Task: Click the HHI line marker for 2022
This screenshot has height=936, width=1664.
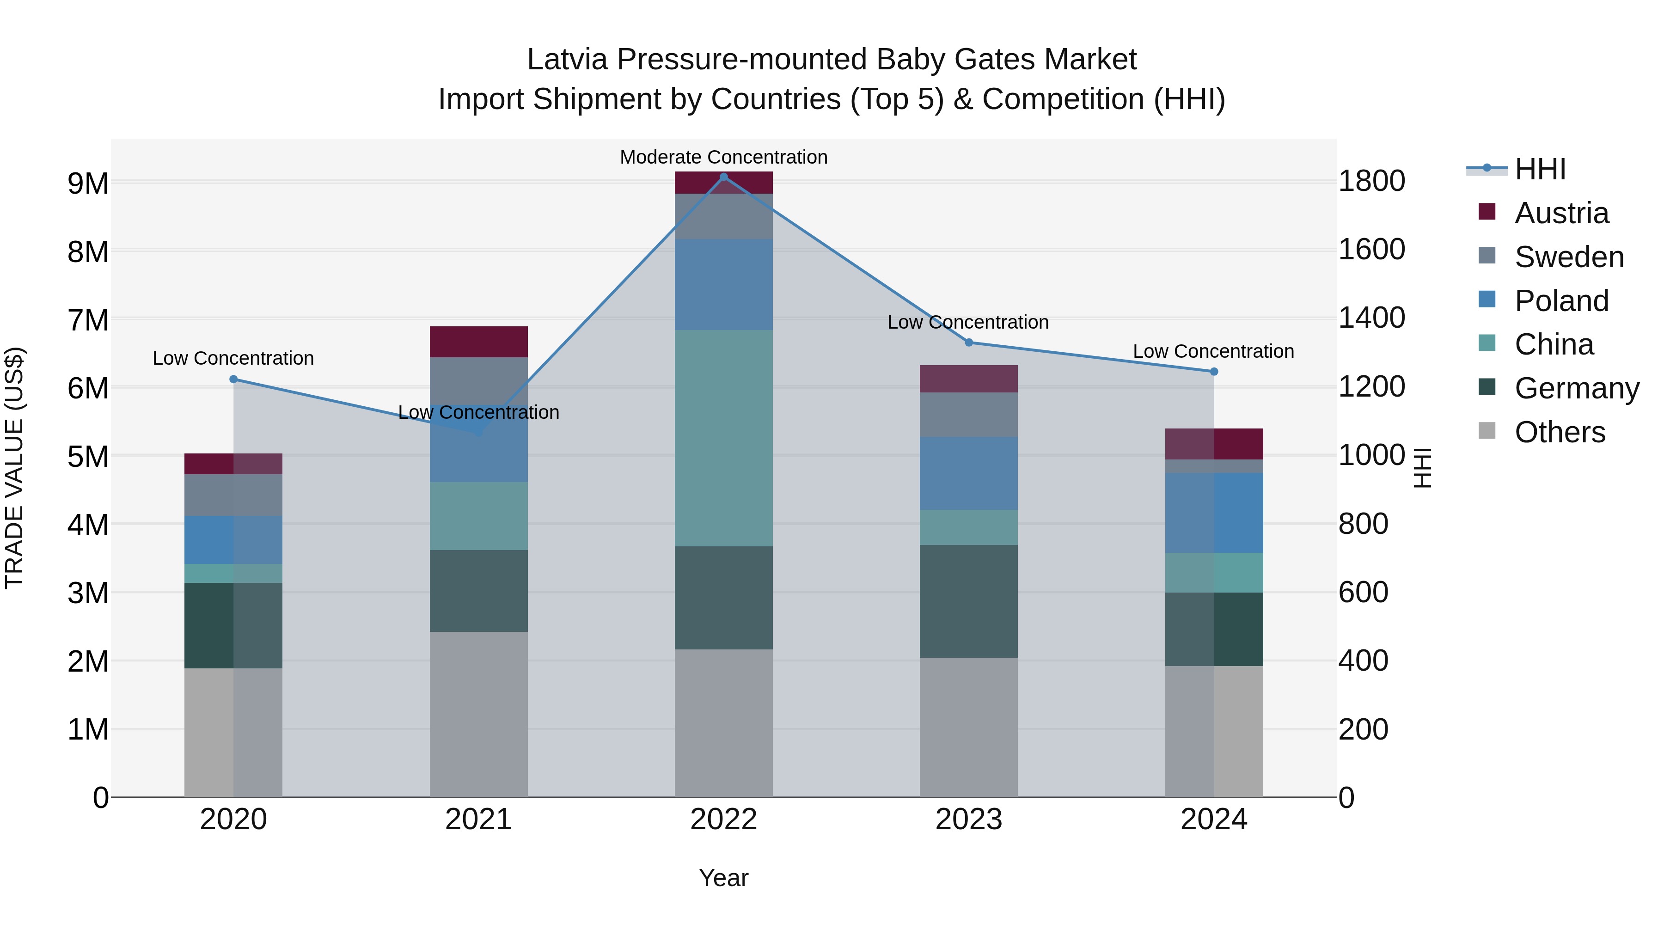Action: pos(723,177)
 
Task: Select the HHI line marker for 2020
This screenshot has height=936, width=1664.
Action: pos(233,379)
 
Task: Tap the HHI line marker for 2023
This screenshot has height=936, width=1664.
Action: pos(968,343)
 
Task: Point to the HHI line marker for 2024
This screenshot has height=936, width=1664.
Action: pos(1214,372)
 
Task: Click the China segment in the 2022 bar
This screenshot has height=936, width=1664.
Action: pos(723,438)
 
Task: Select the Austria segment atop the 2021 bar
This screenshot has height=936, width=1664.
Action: pos(479,342)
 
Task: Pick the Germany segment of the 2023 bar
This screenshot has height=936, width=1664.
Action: pos(968,601)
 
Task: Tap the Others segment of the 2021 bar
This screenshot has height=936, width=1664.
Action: pos(479,714)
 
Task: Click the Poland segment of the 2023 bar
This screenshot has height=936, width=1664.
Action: pos(968,473)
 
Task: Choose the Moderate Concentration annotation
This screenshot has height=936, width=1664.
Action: pos(723,157)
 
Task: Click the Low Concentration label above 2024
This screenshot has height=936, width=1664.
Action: pos(1213,351)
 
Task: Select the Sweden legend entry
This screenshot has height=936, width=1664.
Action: pos(1568,257)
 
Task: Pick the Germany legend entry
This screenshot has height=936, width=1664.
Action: pos(1576,388)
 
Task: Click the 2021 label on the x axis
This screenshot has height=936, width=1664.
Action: pos(479,820)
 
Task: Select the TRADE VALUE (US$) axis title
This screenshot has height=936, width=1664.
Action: pos(15,468)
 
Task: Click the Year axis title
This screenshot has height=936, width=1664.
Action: pos(723,878)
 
